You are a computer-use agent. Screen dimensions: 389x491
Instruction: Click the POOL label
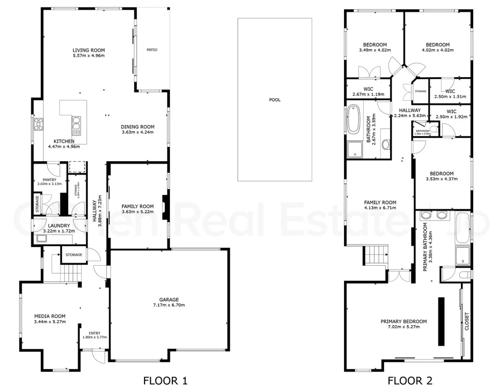coord(274,100)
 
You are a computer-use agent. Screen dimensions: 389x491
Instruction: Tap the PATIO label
coord(152,50)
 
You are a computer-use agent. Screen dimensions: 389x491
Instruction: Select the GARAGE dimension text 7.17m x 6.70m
coord(169,305)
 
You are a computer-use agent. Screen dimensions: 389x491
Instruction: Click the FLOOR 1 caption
coord(165,380)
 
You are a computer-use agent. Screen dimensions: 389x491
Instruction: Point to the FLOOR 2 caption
coord(410,380)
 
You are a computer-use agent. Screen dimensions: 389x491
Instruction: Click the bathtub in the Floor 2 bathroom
coord(353,120)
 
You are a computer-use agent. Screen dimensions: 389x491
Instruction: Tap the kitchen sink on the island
coord(76,125)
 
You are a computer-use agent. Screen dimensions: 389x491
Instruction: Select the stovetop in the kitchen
coord(38,125)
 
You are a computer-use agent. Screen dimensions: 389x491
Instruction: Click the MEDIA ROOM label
coord(50,316)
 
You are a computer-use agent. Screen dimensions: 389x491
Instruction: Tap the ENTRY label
coord(94,333)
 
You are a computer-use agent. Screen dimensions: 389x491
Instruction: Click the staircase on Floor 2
coord(375,255)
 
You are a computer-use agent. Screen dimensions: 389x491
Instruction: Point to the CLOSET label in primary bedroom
coord(466,322)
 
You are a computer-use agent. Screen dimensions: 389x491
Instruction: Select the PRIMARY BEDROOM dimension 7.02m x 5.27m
coord(404,327)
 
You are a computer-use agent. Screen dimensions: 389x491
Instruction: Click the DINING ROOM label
coord(138,126)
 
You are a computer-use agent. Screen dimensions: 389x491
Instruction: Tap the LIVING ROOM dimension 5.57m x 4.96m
coord(88,56)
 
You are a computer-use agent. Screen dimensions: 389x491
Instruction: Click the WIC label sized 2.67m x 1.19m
coord(368,94)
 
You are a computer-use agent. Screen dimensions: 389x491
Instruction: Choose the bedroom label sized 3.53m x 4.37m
coord(441,179)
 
